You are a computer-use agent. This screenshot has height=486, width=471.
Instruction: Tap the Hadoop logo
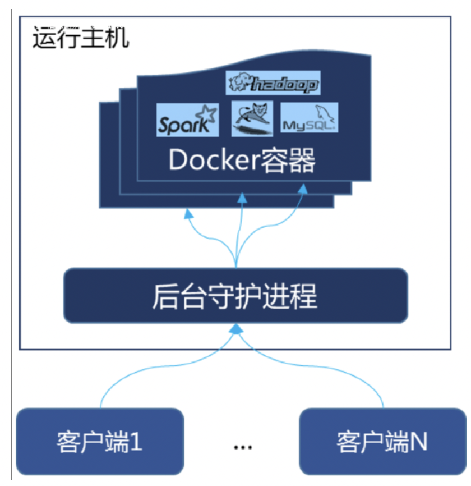(273, 83)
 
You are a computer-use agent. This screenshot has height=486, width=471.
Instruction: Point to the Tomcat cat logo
(252, 118)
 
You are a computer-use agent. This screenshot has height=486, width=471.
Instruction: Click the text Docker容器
(242, 161)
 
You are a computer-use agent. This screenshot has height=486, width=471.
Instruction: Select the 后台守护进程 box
(235, 296)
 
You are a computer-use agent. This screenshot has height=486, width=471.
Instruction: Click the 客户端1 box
(100, 441)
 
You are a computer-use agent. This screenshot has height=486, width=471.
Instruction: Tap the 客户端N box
(383, 441)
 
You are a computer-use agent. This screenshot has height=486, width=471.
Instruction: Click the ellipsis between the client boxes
(243, 447)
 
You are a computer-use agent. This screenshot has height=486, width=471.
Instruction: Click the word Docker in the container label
(205, 161)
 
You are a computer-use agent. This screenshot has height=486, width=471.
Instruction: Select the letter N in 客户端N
(418, 441)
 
